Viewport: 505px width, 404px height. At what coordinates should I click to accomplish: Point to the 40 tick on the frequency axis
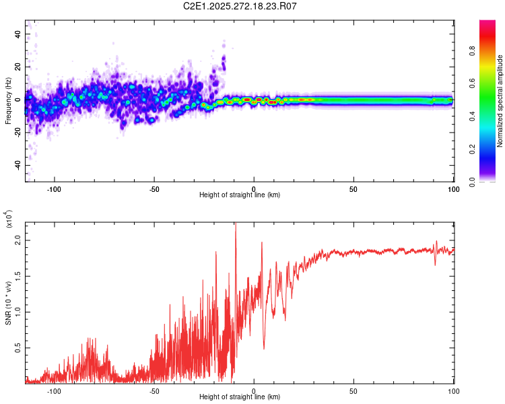pos(18,34)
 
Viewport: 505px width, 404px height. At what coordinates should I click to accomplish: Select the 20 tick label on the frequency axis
pos(18,67)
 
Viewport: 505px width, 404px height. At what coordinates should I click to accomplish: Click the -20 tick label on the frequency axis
pos(17,133)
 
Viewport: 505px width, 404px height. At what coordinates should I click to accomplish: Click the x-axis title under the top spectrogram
pos(240,195)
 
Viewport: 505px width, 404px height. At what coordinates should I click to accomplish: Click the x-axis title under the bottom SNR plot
pos(240,397)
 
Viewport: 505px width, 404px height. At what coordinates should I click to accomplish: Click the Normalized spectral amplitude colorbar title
pos(500,102)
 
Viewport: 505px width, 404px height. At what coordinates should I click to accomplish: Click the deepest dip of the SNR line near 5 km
pos(263,349)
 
